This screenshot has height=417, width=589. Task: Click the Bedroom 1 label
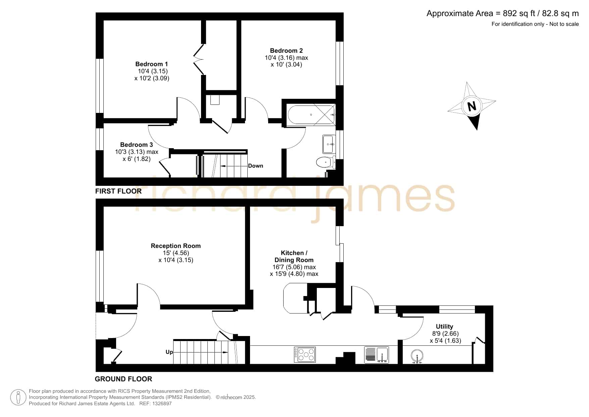(x=152, y=64)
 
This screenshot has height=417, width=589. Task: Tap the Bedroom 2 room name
(x=286, y=50)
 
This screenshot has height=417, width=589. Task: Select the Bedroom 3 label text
(x=137, y=144)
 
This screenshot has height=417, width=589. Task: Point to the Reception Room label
(x=176, y=246)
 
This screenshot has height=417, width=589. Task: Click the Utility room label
(x=444, y=326)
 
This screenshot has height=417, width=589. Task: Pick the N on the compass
(x=472, y=106)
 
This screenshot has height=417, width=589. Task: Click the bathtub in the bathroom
(x=311, y=115)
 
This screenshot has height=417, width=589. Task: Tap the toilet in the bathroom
(x=326, y=162)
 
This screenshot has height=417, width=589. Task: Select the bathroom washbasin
(x=329, y=144)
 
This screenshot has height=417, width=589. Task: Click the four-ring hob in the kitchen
(x=305, y=355)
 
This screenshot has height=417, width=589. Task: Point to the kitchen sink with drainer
(x=377, y=355)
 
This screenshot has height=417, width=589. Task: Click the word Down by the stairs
(x=255, y=166)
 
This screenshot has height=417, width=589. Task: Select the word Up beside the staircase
(x=169, y=352)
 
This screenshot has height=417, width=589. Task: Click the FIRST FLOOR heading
(x=118, y=191)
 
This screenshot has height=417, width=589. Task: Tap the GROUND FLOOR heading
(x=124, y=379)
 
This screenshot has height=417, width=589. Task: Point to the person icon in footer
(x=18, y=398)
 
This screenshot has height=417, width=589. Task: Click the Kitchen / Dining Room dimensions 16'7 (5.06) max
(x=294, y=267)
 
